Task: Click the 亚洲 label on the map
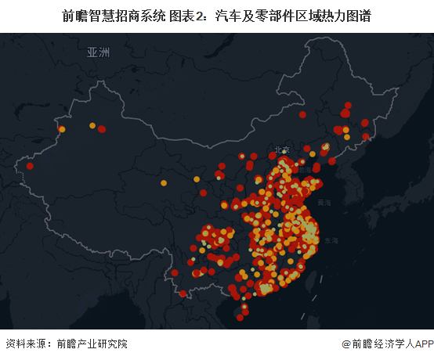(x=99, y=52)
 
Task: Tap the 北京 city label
(x=280, y=149)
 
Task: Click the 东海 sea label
(x=331, y=240)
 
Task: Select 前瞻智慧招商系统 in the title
(x=114, y=15)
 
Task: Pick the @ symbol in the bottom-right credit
(x=346, y=344)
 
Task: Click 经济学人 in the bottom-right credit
(x=392, y=344)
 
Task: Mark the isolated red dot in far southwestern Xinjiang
(x=30, y=166)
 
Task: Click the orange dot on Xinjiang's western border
(x=62, y=129)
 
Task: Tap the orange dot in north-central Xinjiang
(x=92, y=125)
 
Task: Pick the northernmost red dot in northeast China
(x=348, y=105)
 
